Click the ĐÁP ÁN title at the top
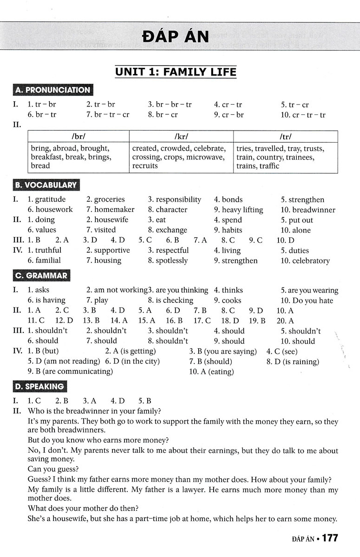pos(175,37)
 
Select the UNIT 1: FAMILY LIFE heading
pos(176,72)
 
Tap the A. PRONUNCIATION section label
pos(53,90)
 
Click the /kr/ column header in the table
pos(181,137)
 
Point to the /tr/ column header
pos(285,137)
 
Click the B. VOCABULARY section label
pos(46,185)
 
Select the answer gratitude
pos(50,200)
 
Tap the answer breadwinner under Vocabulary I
pos(313,210)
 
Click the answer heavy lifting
pos(242,210)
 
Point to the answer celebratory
pos(311,261)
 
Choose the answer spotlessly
pos(172,260)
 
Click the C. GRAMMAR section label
pos(41,275)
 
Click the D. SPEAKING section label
pos(40,387)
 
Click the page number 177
pos(330,538)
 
